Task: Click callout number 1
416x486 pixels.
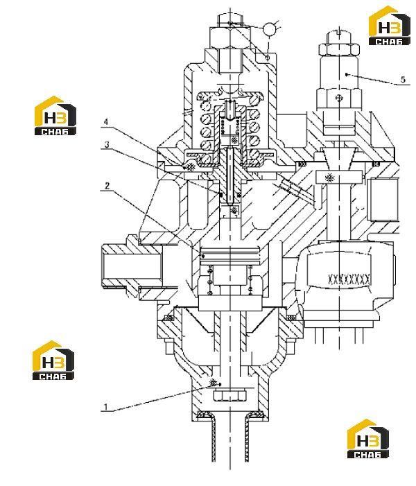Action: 105,407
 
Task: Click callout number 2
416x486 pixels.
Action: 107,186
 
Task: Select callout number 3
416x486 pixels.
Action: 107,144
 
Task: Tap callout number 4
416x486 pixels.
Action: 106,121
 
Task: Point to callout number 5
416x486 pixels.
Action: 403,80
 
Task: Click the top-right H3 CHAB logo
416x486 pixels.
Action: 390,26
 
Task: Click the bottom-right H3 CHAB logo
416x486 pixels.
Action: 368,439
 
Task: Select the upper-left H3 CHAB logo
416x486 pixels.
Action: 55,116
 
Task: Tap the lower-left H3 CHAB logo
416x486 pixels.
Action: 53,360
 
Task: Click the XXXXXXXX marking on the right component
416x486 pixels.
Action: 349,279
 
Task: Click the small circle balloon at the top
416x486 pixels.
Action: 269,29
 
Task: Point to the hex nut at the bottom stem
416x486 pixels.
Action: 229,396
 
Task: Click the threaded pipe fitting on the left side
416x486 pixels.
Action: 132,266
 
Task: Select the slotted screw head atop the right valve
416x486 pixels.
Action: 340,37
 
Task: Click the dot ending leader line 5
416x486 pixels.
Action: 347,74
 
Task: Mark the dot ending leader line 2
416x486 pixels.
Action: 203,256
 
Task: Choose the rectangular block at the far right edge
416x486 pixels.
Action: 383,199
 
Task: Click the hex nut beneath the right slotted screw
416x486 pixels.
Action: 340,51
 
